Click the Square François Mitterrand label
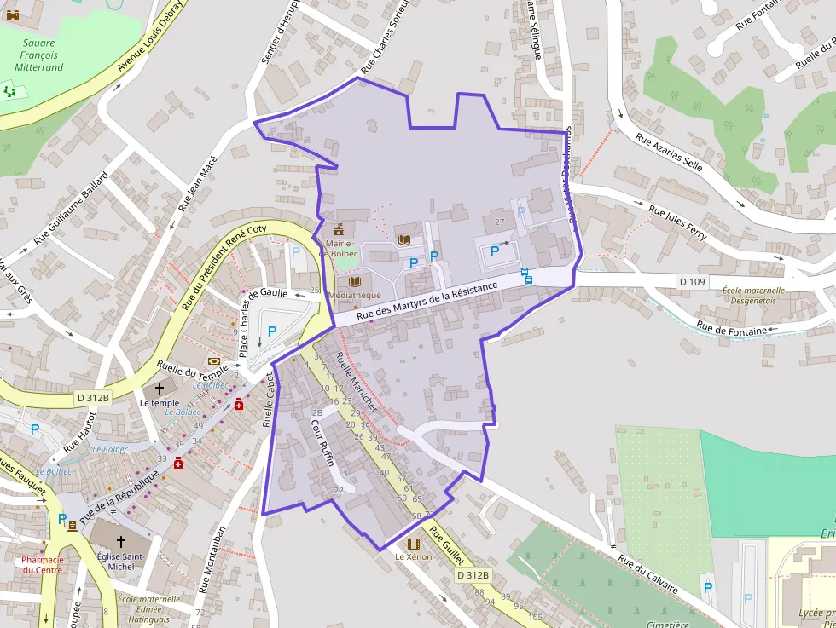(x=38, y=55)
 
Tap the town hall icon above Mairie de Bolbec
(x=339, y=229)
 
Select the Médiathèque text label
(x=354, y=295)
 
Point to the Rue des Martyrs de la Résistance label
(x=427, y=302)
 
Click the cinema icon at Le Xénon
(x=414, y=544)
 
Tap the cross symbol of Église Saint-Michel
(x=120, y=541)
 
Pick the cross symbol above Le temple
(x=160, y=389)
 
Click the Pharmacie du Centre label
(x=43, y=564)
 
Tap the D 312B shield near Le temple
(x=93, y=397)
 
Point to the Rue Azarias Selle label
(x=669, y=151)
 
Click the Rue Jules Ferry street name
(x=677, y=222)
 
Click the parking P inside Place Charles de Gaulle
(x=272, y=331)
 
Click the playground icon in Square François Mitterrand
(x=9, y=89)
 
